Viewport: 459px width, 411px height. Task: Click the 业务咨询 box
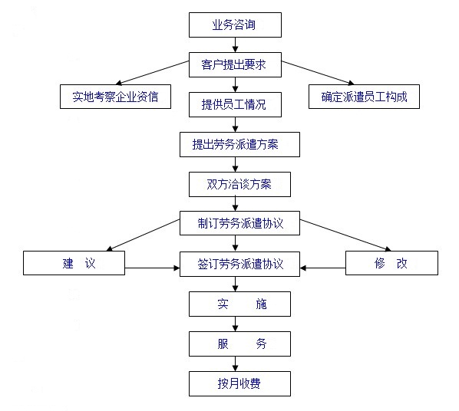pyautogui.click(x=235, y=25)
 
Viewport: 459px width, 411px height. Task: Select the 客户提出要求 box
pyautogui.click(x=235, y=64)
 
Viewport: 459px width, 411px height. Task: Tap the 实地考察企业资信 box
pyautogui.click(x=115, y=97)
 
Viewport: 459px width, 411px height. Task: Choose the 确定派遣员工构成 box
pyautogui.click(x=364, y=97)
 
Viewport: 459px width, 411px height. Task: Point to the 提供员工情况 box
pyautogui.click(x=235, y=104)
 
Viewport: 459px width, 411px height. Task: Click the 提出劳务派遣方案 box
pyautogui.click(x=239, y=144)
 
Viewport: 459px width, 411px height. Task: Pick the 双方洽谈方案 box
pyautogui.click(x=239, y=184)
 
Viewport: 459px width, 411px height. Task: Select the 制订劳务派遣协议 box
pyautogui.click(x=239, y=223)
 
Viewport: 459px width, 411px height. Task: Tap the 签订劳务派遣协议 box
pyautogui.click(x=239, y=264)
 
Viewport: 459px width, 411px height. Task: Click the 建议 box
pyautogui.click(x=74, y=263)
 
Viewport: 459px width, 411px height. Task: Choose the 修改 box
pyautogui.click(x=391, y=263)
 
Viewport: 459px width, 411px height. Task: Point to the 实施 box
pyautogui.click(x=239, y=304)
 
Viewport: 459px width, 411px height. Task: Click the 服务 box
pyautogui.click(x=239, y=344)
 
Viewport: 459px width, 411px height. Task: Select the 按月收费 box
pyautogui.click(x=239, y=384)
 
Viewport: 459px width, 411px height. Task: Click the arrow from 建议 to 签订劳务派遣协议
pyautogui.click(x=152, y=268)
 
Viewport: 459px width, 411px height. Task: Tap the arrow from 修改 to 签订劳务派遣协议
pyautogui.click(x=323, y=268)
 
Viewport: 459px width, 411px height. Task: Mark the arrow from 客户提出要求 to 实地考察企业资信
pyautogui.click(x=152, y=73)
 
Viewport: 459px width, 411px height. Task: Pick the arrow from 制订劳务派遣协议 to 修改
pyautogui.click(x=345, y=235)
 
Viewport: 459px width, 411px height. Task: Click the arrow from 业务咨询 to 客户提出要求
pyautogui.click(x=235, y=44)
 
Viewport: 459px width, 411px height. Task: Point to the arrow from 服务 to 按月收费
pyautogui.click(x=235, y=364)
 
